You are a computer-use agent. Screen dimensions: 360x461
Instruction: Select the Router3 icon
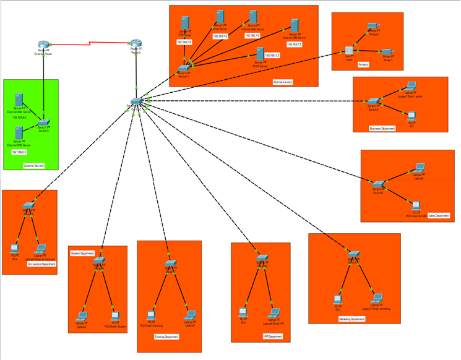[x=136, y=45]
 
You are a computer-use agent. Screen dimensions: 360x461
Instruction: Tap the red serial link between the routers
[x=90, y=43]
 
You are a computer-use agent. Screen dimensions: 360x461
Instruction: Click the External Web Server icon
[x=19, y=99]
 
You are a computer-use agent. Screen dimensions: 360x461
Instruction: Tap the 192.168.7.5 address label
[x=220, y=37]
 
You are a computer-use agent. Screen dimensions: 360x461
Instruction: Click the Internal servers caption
[x=283, y=81]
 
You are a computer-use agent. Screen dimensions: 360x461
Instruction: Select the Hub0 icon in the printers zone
[x=348, y=51]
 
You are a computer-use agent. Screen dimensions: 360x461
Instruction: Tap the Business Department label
[x=382, y=128]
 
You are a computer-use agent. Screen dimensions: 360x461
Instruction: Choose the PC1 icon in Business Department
[x=411, y=115]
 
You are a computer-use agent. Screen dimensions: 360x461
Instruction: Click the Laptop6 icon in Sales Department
[x=419, y=168]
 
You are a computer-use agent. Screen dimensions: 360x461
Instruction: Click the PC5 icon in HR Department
[x=243, y=312]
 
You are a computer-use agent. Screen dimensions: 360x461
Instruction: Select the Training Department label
[x=166, y=337]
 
